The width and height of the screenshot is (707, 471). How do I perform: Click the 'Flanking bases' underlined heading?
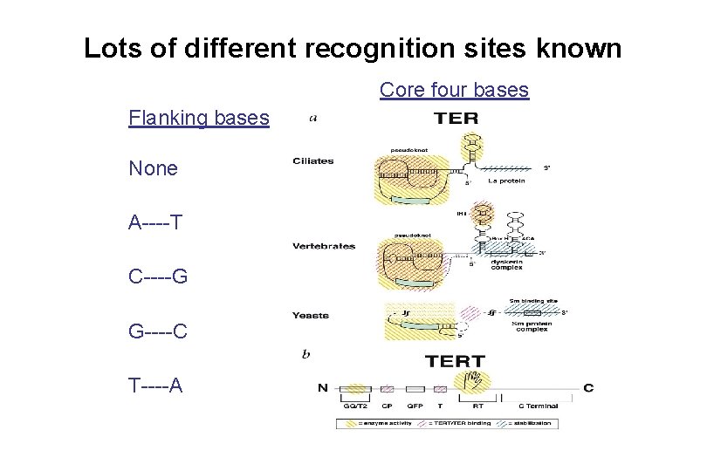198,117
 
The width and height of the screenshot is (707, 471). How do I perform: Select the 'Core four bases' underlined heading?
454,90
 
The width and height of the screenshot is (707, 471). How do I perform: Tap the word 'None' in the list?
153,168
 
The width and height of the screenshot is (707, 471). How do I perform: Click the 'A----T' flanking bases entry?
155,222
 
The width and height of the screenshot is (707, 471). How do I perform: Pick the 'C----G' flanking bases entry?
158,276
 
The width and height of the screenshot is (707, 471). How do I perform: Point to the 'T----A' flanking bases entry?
155,385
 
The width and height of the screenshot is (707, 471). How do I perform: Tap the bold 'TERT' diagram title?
455,360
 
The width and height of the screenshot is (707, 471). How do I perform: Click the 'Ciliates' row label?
313,160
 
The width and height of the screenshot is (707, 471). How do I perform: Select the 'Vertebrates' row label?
324,246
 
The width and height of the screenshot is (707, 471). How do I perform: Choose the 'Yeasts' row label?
311,315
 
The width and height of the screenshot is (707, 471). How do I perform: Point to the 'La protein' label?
505,181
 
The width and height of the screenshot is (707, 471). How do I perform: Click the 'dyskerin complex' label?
506,265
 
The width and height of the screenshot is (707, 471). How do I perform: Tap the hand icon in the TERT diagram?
476,381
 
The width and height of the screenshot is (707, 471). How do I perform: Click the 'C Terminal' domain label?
538,406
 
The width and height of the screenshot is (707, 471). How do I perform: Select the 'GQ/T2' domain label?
354,406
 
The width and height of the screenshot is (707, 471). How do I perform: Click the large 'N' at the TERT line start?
323,387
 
